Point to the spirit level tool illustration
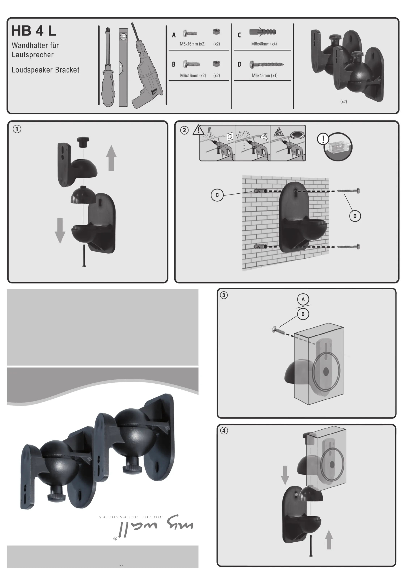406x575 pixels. (x=123, y=67)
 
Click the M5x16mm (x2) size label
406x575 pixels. (x=192, y=44)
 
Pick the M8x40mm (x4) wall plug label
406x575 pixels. (x=264, y=44)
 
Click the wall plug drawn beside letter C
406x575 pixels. (x=263, y=32)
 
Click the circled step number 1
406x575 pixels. (x=17, y=129)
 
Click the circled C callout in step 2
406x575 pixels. (x=217, y=195)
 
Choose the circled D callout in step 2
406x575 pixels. (x=355, y=216)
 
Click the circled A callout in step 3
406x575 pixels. (x=303, y=299)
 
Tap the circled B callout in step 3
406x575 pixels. (x=303, y=314)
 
